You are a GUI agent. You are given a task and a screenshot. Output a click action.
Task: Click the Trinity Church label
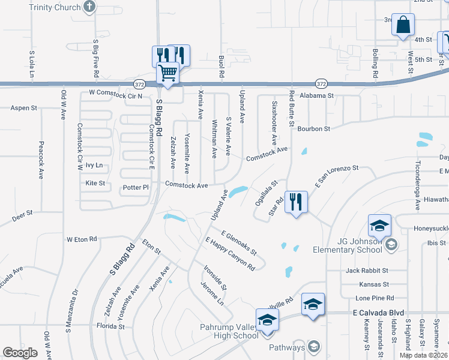[x=58, y=7]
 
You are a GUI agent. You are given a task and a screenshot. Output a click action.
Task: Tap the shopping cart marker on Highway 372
[x=168, y=74]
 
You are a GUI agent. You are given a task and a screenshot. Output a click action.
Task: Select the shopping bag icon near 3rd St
[x=403, y=25]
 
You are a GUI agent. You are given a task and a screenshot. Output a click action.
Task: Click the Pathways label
[x=287, y=347]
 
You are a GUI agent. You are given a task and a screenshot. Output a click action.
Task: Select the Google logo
[x=20, y=353]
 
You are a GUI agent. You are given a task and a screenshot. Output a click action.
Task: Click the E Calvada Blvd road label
[x=378, y=313]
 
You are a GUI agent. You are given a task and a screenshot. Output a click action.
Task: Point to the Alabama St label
[x=317, y=95]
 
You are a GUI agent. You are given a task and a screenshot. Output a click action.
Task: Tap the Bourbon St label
[x=314, y=128]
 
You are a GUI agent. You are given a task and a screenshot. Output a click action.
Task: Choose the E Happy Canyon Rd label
[x=230, y=253]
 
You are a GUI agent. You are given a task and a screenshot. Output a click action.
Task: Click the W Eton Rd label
[x=82, y=239]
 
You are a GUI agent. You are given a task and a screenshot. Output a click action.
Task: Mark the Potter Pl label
[x=135, y=187]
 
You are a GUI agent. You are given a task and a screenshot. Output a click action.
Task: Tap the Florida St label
[x=110, y=327]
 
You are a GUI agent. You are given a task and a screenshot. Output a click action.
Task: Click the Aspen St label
[x=24, y=108]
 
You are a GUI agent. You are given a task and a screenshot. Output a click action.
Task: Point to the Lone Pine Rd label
[x=375, y=298]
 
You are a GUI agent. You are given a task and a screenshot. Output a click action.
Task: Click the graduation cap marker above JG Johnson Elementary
[x=379, y=226]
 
